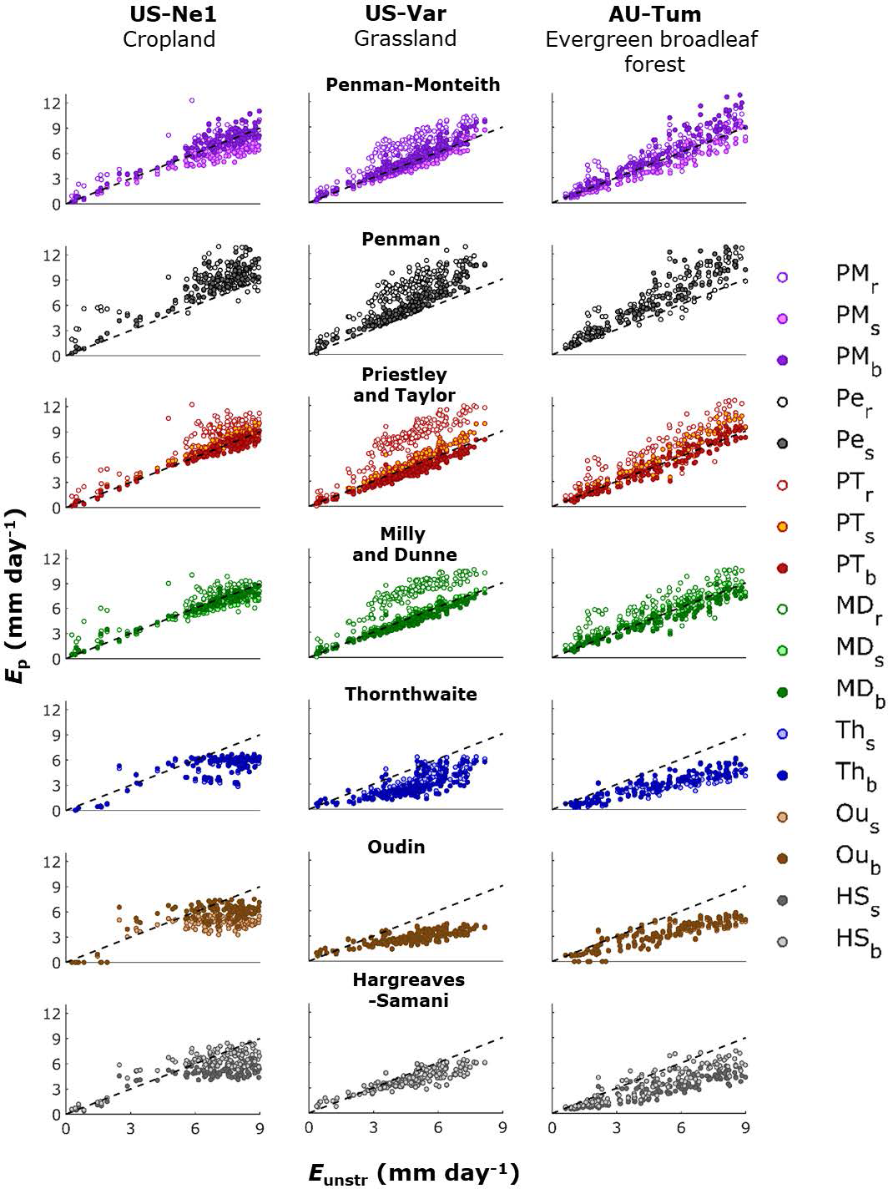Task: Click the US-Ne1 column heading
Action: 173,14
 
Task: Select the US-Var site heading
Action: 406,13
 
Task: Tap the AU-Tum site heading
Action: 654,14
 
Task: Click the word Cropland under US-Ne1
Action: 169,39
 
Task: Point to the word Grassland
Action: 405,38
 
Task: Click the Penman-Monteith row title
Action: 412,84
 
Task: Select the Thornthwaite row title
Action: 411,694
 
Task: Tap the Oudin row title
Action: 396,847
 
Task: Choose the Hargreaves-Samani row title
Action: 408,989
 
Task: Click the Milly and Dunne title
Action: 404,544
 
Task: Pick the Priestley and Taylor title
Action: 404,384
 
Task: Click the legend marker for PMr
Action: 782,277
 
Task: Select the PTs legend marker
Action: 782,526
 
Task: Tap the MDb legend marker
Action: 782,692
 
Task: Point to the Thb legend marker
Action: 782,775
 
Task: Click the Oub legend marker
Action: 782,858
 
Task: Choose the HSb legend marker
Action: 782,942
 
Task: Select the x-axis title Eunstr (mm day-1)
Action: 414,1173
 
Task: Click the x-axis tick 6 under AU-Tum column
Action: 681,1127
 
